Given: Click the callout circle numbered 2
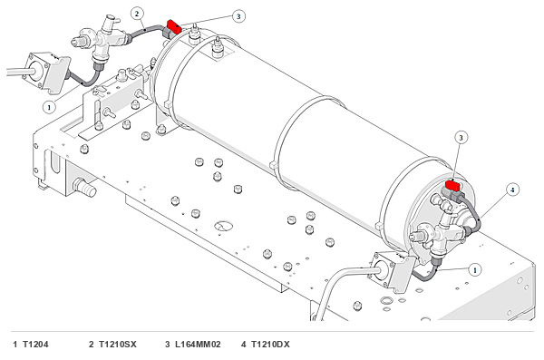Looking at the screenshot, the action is click(x=137, y=14).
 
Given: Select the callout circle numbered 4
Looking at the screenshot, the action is click(x=512, y=190).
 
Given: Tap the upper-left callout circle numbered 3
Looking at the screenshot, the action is click(x=238, y=16).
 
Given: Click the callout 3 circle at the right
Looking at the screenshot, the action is click(x=461, y=138).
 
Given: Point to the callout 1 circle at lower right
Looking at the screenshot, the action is click(x=474, y=269).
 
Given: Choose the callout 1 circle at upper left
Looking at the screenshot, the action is click(x=49, y=107).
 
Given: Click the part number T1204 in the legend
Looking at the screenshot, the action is click(x=35, y=345).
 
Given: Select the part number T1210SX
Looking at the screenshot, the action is click(x=118, y=345).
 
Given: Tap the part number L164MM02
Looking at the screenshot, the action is click(x=198, y=345).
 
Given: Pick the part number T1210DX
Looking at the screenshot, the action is click(x=270, y=345).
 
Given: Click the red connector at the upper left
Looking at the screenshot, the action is click(x=174, y=26).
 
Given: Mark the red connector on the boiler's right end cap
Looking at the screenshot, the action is click(x=452, y=185).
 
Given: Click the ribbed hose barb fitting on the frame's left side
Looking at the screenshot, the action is click(x=84, y=187).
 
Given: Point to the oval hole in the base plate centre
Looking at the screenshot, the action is click(x=223, y=226).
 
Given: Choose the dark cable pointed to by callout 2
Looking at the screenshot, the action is click(x=145, y=31).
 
